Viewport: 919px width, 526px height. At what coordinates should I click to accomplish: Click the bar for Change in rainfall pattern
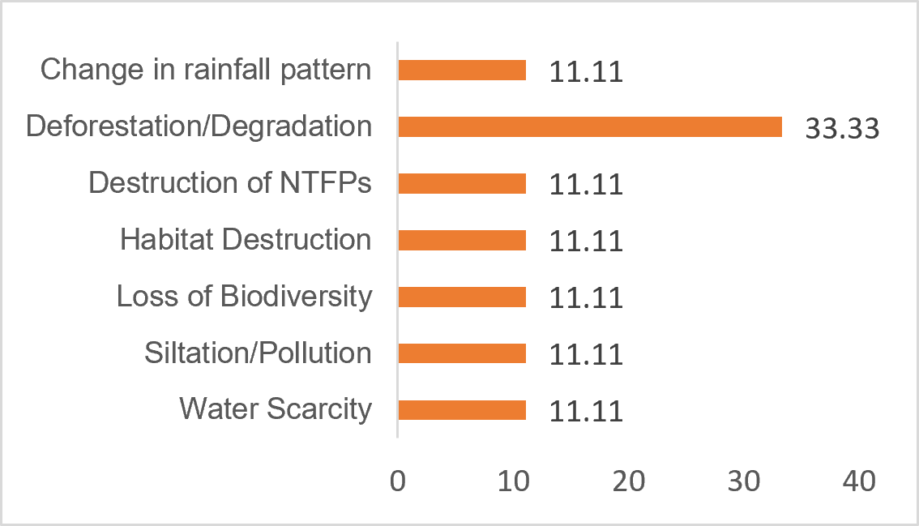(x=462, y=70)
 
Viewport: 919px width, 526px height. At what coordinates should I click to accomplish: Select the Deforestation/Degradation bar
(x=590, y=126)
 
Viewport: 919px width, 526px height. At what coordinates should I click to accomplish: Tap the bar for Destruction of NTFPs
(x=462, y=183)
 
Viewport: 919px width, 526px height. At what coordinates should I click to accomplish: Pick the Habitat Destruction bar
(x=462, y=241)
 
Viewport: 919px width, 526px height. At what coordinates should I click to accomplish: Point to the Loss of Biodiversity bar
(x=462, y=297)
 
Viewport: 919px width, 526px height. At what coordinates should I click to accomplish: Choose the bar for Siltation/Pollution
(x=462, y=353)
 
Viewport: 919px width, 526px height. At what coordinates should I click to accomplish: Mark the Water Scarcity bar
(x=462, y=410)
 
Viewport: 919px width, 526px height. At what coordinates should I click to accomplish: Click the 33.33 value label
(x=842, y=128)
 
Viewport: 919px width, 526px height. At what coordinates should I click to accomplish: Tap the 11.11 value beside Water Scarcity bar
(x=586, y=411)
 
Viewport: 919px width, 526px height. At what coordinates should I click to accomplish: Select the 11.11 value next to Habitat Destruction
(x=586, y=241)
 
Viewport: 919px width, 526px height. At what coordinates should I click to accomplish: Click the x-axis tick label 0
(x=398, y=481)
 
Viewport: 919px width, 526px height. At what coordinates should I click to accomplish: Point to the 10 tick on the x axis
(x=514, y=481)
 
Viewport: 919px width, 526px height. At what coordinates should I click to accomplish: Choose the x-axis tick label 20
(x=629, y=481)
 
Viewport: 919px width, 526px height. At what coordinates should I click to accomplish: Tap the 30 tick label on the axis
(x=744, y=481)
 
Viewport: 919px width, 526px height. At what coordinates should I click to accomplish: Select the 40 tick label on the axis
(x=859, y=481)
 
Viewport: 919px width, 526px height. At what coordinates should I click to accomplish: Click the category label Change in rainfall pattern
(x=206, y=70)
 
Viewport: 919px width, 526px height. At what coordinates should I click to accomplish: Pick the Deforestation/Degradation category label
(x=199, y=126)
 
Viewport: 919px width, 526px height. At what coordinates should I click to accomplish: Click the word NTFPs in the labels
(x=325, y=182)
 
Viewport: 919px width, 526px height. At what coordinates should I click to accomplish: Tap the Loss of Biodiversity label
(x=245, y=296)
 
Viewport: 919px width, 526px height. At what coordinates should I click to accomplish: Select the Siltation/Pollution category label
(x=259, y=353)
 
